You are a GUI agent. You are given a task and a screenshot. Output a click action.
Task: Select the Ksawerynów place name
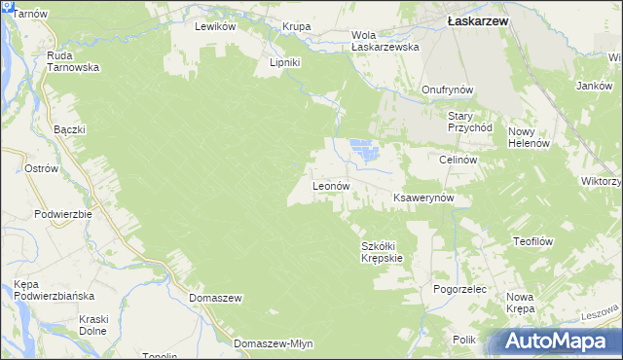[431, 198]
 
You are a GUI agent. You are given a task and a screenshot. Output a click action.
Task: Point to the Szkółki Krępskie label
[382, 252]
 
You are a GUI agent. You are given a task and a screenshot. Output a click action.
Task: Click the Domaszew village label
[215, 298]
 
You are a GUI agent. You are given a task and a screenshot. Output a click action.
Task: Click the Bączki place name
[70, 129]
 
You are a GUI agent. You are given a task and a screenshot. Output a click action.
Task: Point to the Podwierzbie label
[62, 214]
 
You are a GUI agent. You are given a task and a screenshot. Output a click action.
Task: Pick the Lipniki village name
[287, 63]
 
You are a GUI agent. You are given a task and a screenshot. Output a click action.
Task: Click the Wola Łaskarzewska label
[385, 41]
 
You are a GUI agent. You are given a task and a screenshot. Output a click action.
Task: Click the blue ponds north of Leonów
[362, 151]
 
